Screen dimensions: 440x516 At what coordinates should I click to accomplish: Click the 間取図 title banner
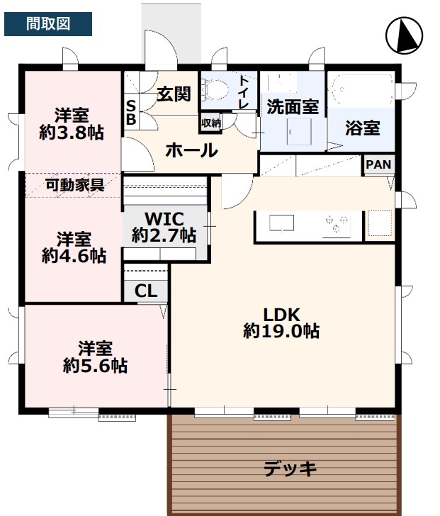tap(48, 24)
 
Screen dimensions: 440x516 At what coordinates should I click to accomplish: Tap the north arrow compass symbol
tap(404, 35)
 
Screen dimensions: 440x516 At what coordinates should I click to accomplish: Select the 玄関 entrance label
tap(174, 94)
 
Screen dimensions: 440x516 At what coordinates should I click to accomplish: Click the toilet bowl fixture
tap(215, 89)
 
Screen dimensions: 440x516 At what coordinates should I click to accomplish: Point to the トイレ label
tap(244, 92)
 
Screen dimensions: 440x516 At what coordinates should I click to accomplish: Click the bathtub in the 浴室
tap(363, 89)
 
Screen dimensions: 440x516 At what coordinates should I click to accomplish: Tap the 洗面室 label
tap(293, 106)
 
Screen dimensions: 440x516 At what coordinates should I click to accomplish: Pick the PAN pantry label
tap(378, 164)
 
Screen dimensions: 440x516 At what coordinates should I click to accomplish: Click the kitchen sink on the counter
tap(282, 223)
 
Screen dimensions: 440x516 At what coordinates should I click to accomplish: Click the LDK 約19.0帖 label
tap(281, 322)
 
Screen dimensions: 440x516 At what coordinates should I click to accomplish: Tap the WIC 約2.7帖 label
tap(164, 228)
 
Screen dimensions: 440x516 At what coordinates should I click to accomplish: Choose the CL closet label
tap(146, 291)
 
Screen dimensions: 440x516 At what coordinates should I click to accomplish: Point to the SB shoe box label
tap(131, 113)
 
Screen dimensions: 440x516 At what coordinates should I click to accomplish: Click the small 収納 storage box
tap(211, 123)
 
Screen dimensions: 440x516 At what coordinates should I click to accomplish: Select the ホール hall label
tap(192, 151)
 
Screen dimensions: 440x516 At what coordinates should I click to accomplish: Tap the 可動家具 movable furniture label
tap(75, 185)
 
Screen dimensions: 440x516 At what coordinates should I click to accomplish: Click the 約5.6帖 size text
tap(96, 366)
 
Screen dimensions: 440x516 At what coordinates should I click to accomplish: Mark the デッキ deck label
tap(290, 469)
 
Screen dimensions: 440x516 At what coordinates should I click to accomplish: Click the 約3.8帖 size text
tap(72, 133)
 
